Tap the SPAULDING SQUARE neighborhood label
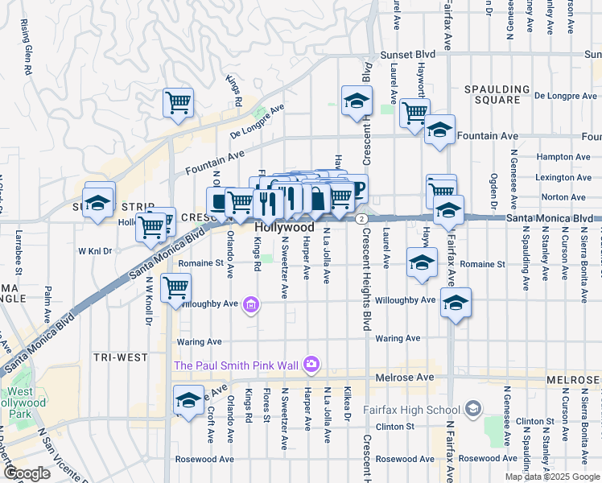click(x=497, y=95)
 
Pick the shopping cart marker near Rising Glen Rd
click(x=178, y=102)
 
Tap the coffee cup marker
click(x=355, y=190)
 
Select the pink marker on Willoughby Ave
click(x=251, y=304)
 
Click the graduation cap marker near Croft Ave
click(x=188, y=400)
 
